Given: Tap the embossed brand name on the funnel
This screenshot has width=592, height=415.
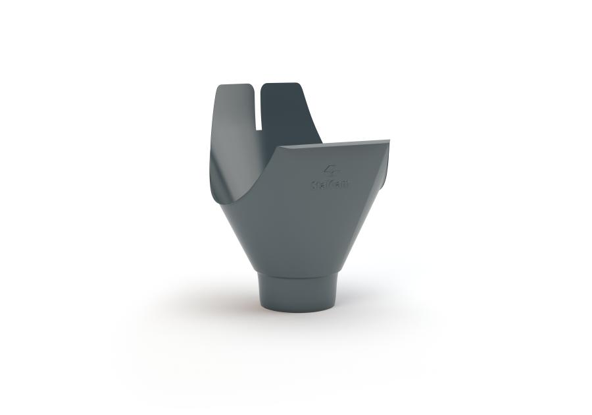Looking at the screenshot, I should click(331, 185).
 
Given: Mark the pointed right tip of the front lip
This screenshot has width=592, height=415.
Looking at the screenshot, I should click(387, 141).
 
